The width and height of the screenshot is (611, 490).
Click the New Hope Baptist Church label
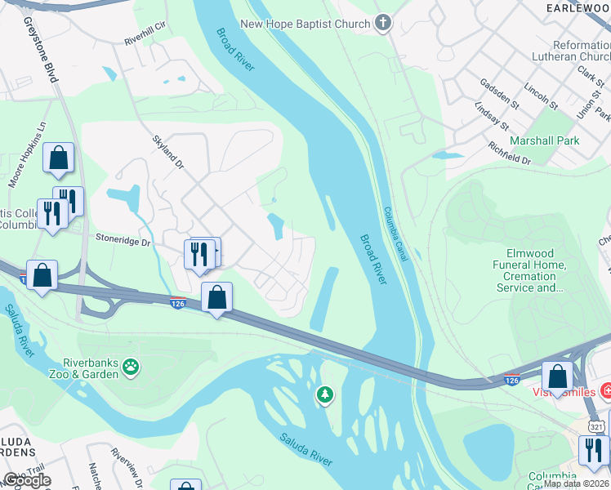(x=305, y=24)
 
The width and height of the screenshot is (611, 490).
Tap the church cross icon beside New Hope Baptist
(x=382, y=24)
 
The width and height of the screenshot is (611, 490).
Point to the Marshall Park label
(x=544, y=140)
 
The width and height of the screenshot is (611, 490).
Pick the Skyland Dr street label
(x=167, y=152)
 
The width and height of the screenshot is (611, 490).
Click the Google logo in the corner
(x=26, y=480)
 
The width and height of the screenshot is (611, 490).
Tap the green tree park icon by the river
(x=325, y=395)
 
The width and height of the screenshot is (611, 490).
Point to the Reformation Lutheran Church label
(x=581, y=51)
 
